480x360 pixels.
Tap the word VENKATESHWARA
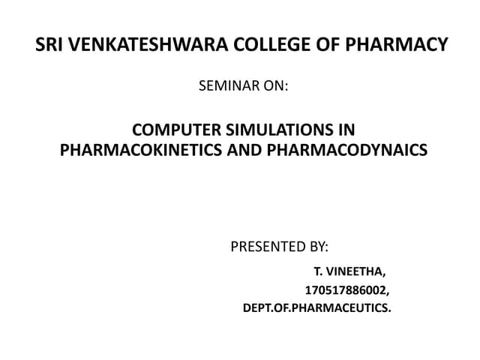pyautogui.click(x=140, y=45)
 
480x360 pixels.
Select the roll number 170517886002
pyautogui.click(x=346, y=289)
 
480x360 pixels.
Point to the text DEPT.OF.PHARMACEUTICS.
pyautogui.click(x=317, y=307)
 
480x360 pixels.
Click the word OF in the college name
pyautogui.click(x=313, y=45)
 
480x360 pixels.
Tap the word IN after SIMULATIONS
pyautogui.click(x=344, y=130)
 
